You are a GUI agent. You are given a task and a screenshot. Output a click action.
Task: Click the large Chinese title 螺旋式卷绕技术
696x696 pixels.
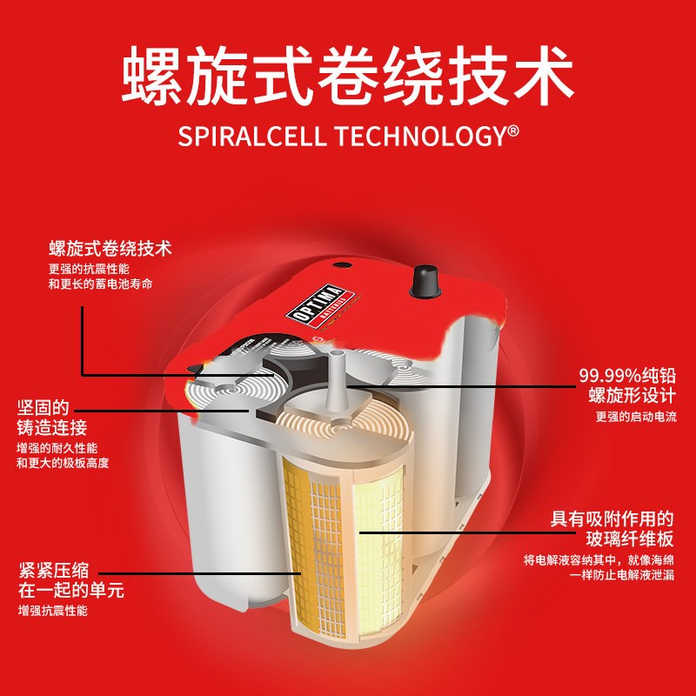[x=347, y=76]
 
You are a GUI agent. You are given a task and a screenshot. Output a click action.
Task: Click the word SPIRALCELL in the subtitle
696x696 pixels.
[x=251, y=136]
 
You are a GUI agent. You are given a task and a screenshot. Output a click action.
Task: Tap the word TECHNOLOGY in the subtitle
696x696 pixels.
[x=419, y=136]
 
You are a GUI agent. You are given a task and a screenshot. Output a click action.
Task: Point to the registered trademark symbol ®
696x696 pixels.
[x=512, y=131]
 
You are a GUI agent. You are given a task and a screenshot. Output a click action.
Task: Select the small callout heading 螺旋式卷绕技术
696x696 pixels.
[x=110, y=249]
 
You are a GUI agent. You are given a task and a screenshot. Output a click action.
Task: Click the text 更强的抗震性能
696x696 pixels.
[x=89, y=269]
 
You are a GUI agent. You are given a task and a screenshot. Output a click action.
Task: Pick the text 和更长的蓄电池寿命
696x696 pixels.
[x=100, y=284]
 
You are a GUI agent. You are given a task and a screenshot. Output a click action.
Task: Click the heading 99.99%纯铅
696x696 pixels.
[x=627, y=376]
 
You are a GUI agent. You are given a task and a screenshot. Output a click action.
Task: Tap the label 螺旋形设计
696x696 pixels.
[x=632, y=396]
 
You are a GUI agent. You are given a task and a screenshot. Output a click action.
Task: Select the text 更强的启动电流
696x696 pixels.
[x=636, y=417]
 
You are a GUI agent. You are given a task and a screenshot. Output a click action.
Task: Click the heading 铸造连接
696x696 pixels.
[x=52, y=428]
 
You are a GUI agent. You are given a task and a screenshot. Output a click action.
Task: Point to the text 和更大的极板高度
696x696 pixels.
[x=63, y=464]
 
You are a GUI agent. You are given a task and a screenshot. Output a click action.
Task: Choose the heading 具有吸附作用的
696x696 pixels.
[x=612, y=519]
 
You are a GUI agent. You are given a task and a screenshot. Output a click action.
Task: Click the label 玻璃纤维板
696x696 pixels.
[x=630, y=539]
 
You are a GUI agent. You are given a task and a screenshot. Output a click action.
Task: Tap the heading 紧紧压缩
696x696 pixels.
[x=54, y=571]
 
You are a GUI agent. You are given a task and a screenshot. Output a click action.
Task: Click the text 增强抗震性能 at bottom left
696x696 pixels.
[x=53, y=611]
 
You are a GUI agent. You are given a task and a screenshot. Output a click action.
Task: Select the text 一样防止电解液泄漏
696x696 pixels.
[x=622, y=575]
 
